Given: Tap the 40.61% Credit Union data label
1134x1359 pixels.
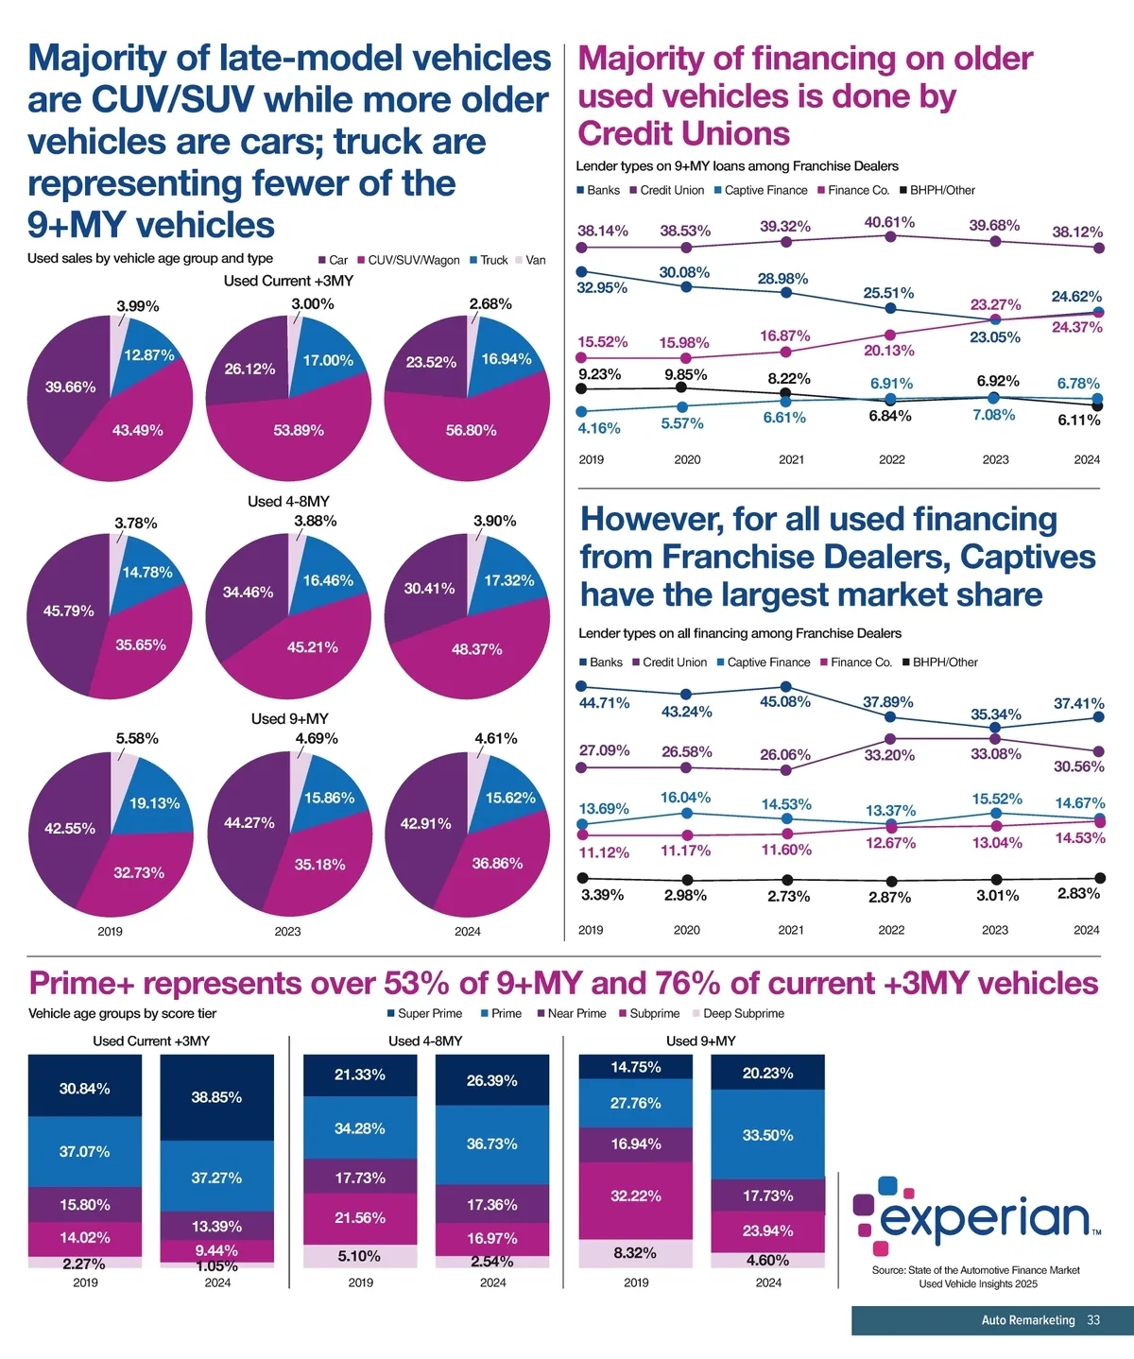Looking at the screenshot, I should tap(889, 222).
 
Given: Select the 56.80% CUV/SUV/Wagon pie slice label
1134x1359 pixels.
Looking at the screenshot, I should tap(471, 430).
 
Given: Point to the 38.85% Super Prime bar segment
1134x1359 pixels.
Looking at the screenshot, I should tap(216, 1097).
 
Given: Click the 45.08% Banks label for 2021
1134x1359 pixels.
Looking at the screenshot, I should tap(785, 702).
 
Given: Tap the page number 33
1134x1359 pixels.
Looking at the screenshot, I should tap(1093, 1320).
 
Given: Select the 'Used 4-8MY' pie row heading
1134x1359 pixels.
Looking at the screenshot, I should tap(288, 501).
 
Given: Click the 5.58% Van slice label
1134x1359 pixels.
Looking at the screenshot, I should tap(137, 738).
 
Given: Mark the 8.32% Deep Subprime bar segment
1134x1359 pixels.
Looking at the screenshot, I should tap(635, 1253).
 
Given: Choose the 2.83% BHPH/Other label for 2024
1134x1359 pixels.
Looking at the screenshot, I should tap(1078, 893).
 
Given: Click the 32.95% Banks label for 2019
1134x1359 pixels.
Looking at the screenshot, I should tap(602, 287).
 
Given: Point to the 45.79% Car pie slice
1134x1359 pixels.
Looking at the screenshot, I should tap(68, 611).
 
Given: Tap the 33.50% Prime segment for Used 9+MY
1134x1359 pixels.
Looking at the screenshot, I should tap(767, 1135).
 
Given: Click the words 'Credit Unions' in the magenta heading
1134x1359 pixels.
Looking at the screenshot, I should tap(683, 134).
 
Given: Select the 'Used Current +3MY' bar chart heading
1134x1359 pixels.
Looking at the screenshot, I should tap(151, 1041).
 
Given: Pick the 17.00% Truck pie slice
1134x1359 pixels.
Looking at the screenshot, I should tap(327, 360).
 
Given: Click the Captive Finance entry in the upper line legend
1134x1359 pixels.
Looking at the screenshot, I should tap(765, 190).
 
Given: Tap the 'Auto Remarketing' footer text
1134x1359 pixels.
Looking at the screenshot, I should tap(1027, 1320).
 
